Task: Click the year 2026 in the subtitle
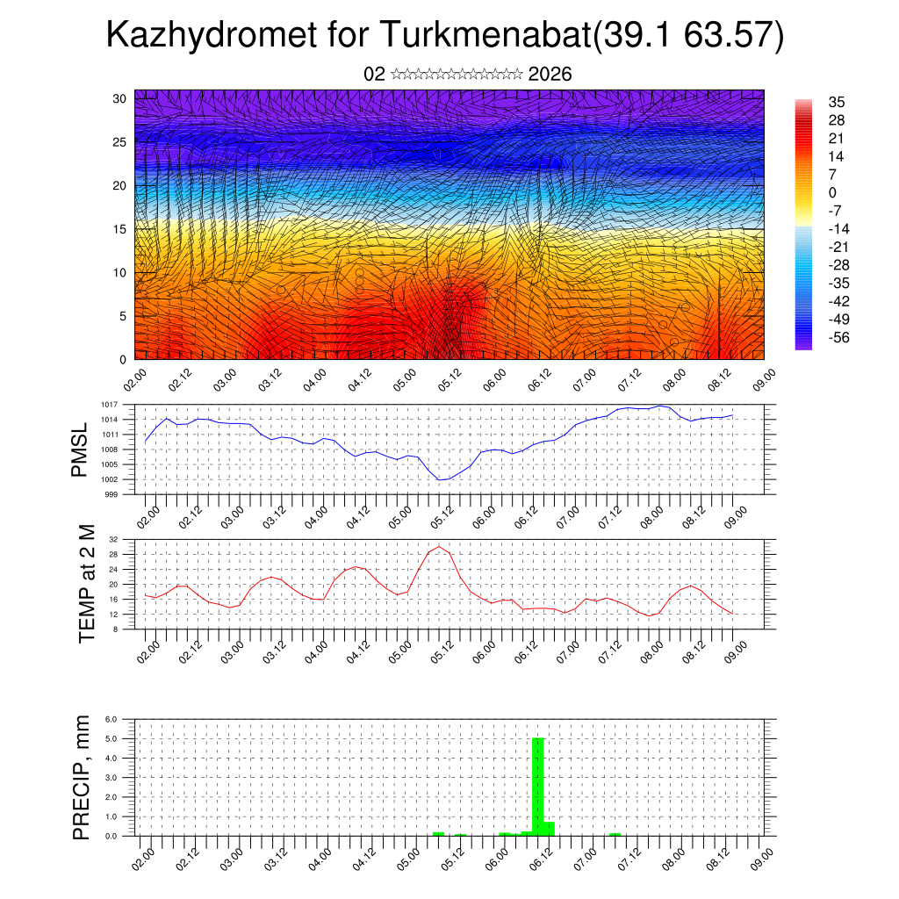click(x=550, y=75)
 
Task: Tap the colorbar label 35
click(x=837, y=103)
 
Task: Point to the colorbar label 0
click(x=833, y=193)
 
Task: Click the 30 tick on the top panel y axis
click(x=120, y=98)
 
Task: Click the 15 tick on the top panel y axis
click(x=120, y=229)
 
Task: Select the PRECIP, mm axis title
click(x=82, y=776)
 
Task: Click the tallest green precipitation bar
click(x=538, y=786)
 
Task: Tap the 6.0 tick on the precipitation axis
click(x=111, y=719)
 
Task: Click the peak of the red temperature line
click(x=439, y=546)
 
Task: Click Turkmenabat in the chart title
click(x=482, y=36)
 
